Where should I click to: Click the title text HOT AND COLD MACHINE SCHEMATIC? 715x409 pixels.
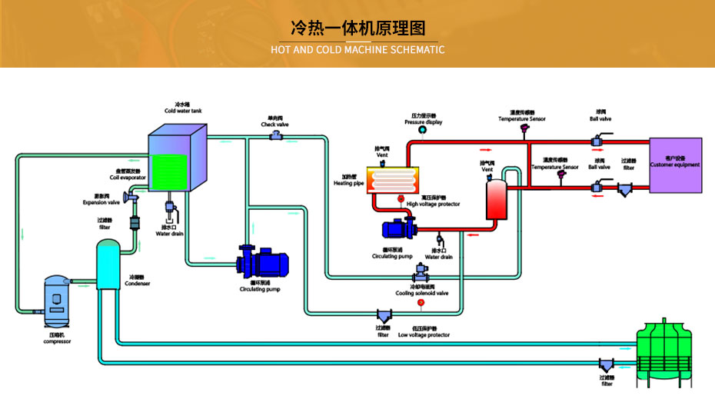357,50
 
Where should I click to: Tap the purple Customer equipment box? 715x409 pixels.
675,165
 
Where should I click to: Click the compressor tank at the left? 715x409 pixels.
56,300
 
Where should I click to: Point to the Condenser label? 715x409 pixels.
138,281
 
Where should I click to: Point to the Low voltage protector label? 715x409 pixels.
424,334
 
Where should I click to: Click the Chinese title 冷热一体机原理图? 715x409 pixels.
357,28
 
